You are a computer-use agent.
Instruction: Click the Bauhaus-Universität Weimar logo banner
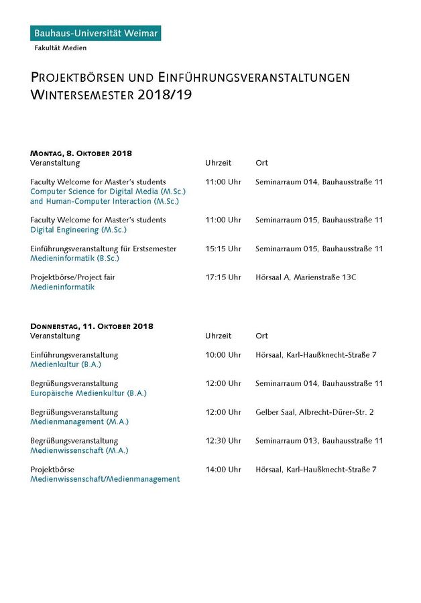click(x=95, y=33)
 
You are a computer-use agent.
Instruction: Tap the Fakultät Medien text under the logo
click(x=60, y=48)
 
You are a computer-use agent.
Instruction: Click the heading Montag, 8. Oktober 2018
click(x=80, y=153)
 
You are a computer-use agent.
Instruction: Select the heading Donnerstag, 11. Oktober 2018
click(x=92, y=326)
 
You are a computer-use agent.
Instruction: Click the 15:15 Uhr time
click(x=223, y=249)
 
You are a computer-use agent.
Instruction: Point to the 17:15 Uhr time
click(x=223, y=277)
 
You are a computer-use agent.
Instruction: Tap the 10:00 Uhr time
click(x=223, y=355)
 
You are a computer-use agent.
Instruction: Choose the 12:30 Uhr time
click(x=223, y=441)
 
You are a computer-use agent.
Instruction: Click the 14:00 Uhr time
click(x=223, y=470)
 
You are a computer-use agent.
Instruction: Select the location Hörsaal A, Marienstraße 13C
click(x=306, y=277)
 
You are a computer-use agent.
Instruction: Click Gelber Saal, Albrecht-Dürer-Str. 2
click(x=314, y=412)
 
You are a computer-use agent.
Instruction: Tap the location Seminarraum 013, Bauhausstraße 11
click(x=319, y=441)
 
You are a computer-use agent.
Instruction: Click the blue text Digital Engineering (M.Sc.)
click(x=78, y=230)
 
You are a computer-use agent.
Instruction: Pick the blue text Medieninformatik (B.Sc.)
click(x=74, y=259)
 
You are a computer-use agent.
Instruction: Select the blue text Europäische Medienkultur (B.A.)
click(x=88, y=393)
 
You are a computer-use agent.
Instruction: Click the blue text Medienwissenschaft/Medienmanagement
click(x=105, y=479)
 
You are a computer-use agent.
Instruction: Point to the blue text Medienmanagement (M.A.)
click(x=79, y=422)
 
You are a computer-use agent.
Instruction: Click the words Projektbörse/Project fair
click(x=72, y=277)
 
